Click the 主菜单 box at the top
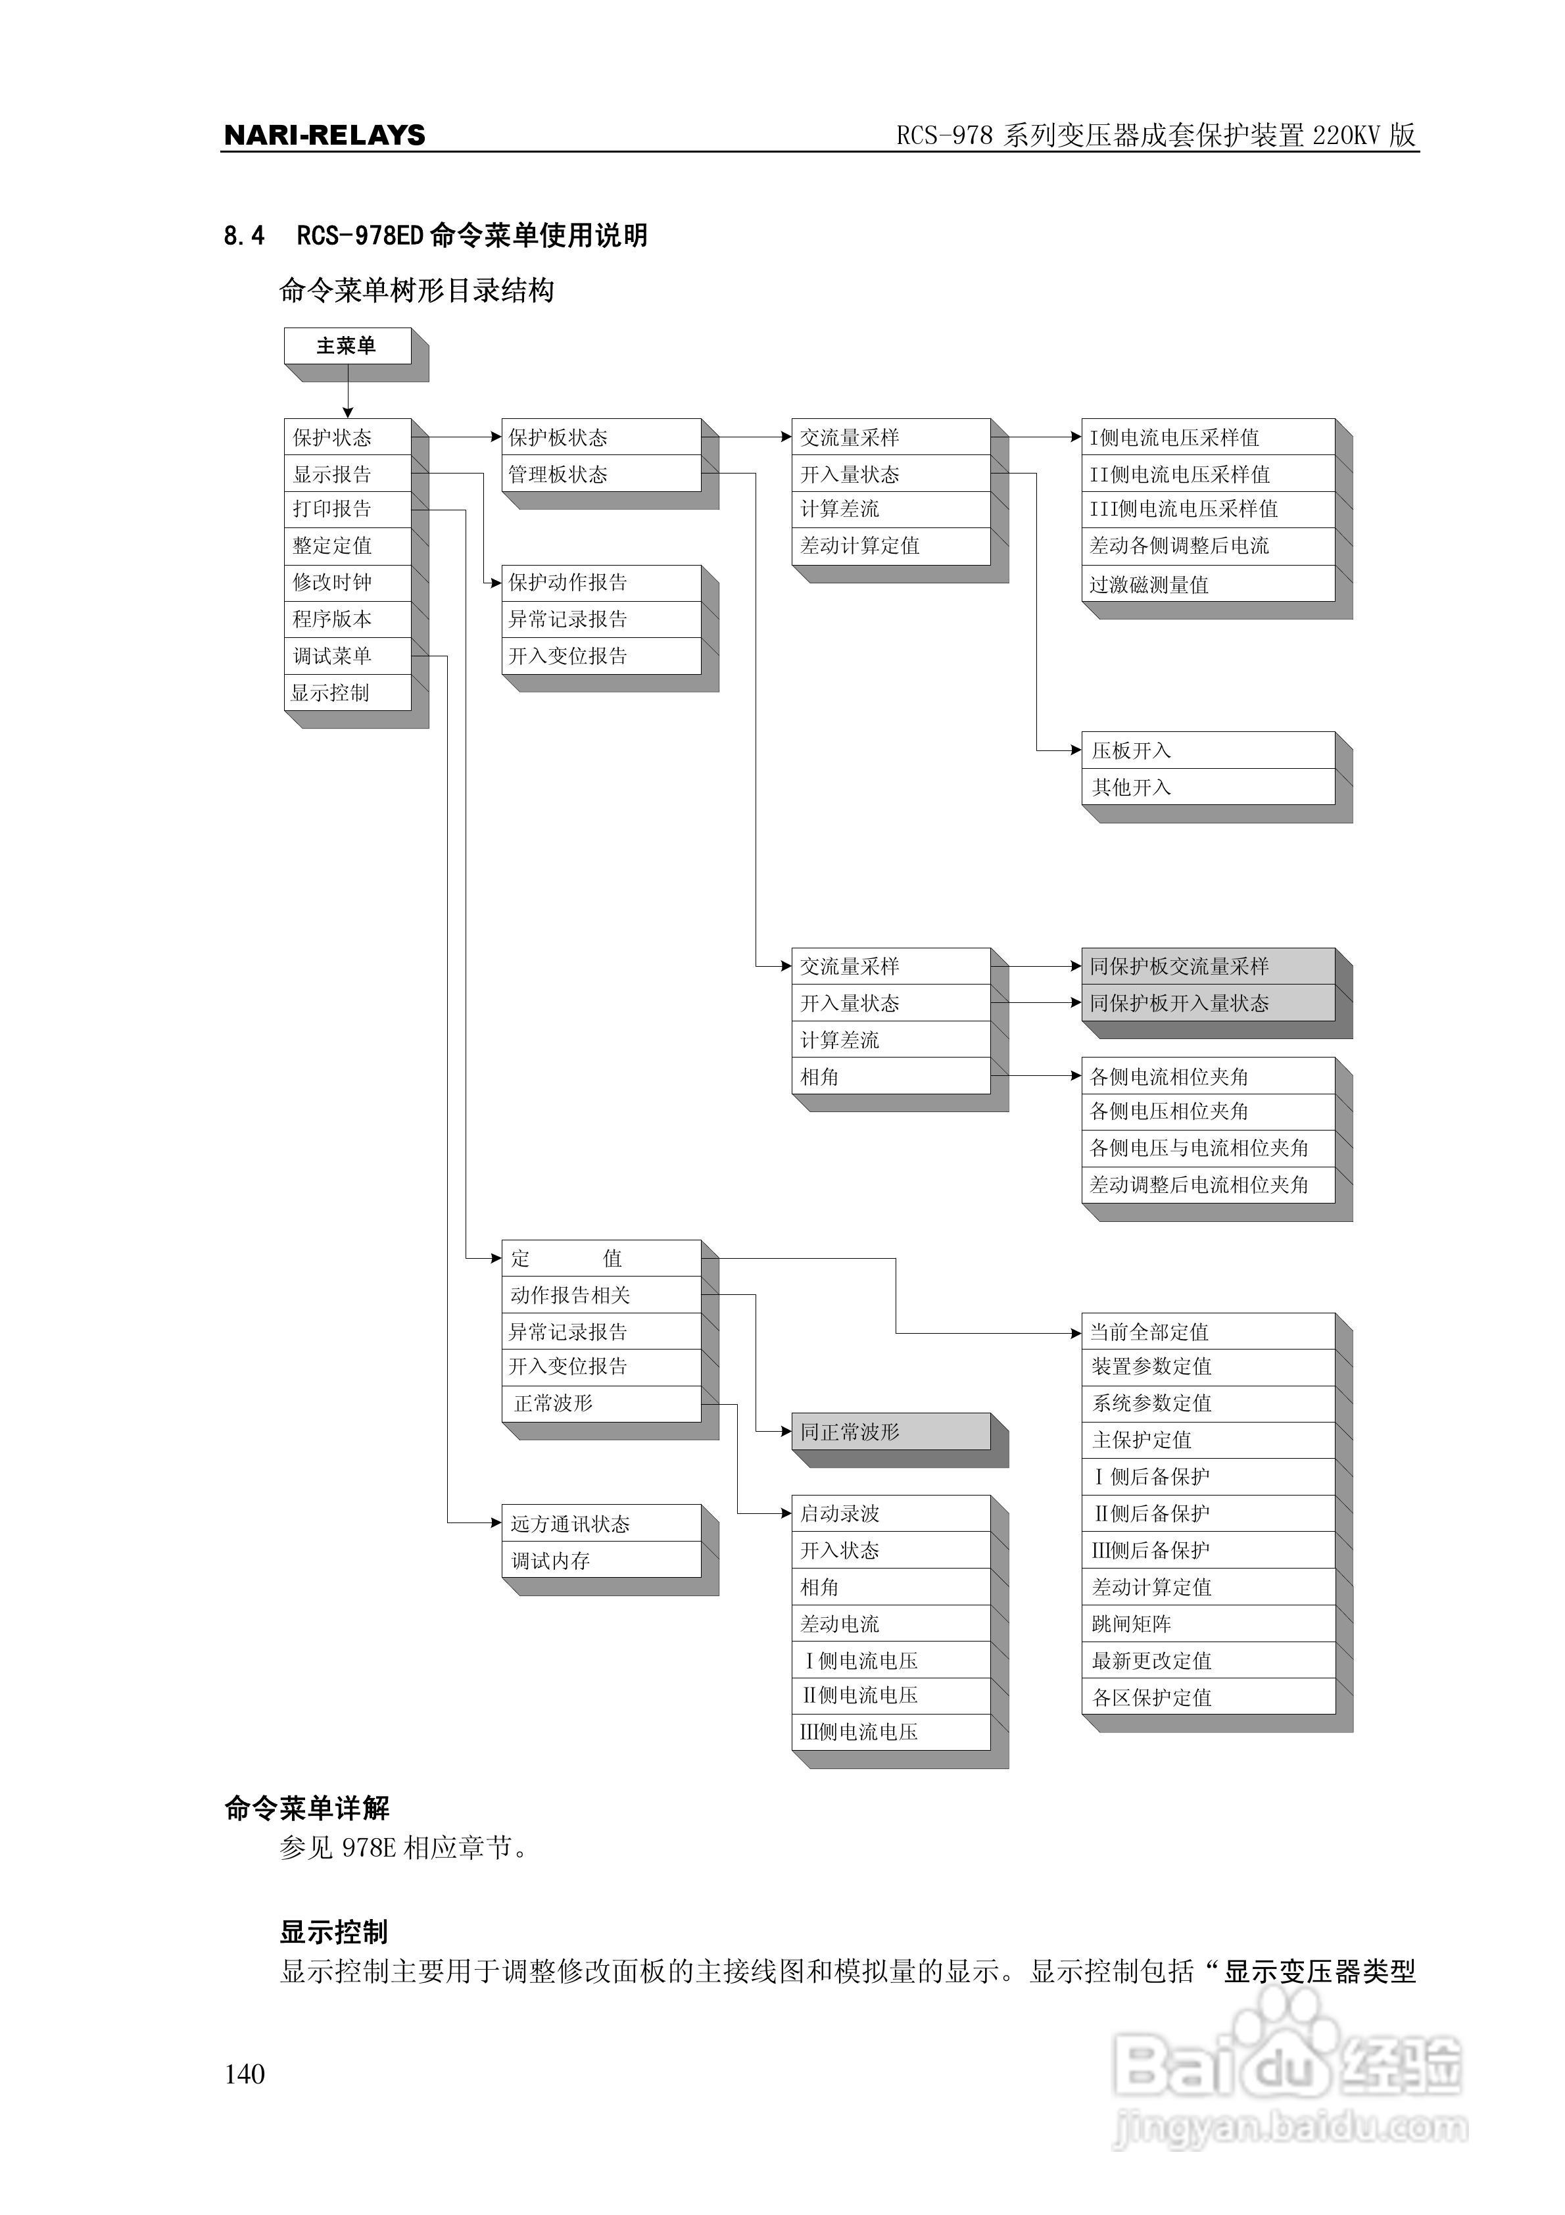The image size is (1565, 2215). click(x=347, y=345)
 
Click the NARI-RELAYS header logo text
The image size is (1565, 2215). click(x=324, y=135)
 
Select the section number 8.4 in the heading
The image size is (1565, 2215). click(x=243, y=235)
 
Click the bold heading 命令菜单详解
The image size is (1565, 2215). click(x=307, y=1808)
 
